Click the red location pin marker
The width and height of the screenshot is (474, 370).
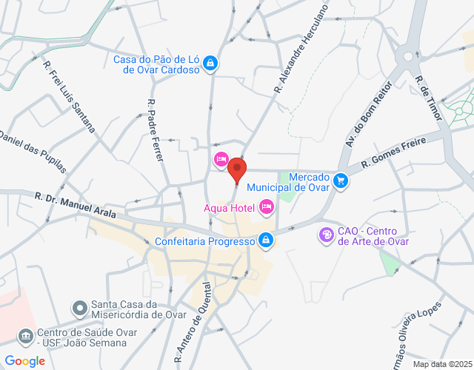237,169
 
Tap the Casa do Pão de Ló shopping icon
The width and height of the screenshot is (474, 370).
210,64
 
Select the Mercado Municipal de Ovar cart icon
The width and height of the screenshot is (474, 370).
340,181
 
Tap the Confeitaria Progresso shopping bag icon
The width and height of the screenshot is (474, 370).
265,240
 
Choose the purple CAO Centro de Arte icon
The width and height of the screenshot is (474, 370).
326,235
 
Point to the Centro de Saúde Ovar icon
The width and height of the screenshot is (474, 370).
27,336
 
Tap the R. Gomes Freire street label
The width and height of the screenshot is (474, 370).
395,154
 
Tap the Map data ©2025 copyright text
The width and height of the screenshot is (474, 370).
441,364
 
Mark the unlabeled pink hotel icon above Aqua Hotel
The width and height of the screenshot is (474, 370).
221,159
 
